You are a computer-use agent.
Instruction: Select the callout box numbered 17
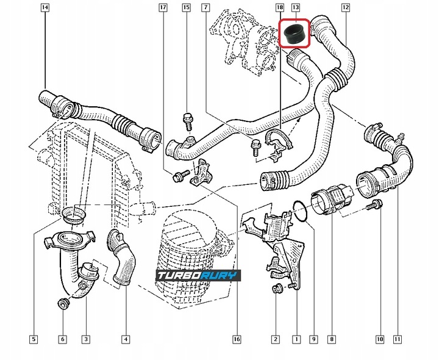pyautogui.click(x=162, y=8)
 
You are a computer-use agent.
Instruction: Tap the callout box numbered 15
pyautogui.click(x=186, y=8)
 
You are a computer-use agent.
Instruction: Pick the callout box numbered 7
pyautogui.click(x=205, y=8)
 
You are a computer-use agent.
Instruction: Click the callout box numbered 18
pyautogui.click(x=280, y=8)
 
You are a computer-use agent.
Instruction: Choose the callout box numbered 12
pyautogui.click(x=346, y=8)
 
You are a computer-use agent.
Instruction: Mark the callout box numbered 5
pyautogui.click(x=34, y=339)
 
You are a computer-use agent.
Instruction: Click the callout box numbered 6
pyautogui.click(x=62, y=339)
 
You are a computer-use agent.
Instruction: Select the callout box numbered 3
pyautogui.click(x=86, y=339)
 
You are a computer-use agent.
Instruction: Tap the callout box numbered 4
pyautogui.click(x=126, y=339)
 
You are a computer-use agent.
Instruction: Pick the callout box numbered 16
pyautogui.click(x=237, y=339)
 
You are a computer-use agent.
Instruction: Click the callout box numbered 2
pyautogui.click(x=276, y=339)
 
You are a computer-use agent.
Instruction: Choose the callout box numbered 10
pyautogui.click(x=379, y=339)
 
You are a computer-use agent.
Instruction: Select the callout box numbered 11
pyautogui.click(x=397, y=339)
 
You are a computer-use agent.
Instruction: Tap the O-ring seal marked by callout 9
pyautogui.click(x=299, y=210)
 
